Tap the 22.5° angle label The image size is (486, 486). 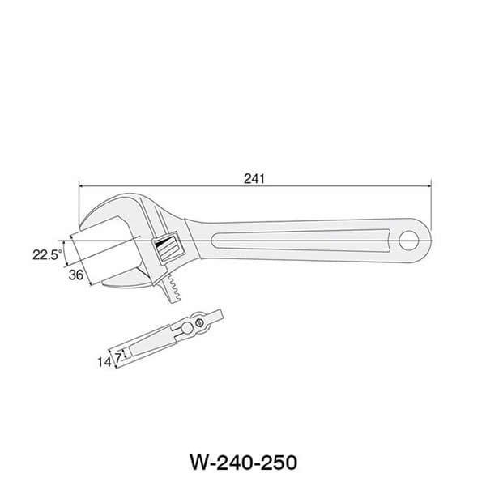click(47, 254)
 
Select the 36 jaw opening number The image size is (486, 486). click(77, 275)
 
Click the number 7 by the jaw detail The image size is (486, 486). click(118, 356)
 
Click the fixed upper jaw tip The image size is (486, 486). click(85, 223)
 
